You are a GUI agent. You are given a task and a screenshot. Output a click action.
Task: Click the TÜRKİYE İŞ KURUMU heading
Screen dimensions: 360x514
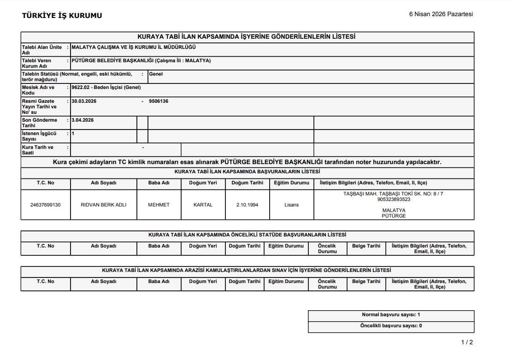[x=62, y=16]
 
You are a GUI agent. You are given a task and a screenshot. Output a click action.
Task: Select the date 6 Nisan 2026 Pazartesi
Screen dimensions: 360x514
[x=441, y=14]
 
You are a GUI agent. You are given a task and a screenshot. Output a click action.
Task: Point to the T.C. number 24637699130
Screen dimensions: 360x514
[x=45, y=205]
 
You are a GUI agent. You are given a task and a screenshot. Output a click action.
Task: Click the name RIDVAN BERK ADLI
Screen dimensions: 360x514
[x=103, y=205]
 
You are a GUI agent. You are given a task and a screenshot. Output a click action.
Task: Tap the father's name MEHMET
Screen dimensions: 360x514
[x=159, y=205]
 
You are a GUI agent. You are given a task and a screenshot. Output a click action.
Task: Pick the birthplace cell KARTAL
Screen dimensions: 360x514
[x=203, y=205]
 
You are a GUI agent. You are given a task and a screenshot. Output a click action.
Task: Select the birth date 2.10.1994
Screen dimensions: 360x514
[x=247, y=205]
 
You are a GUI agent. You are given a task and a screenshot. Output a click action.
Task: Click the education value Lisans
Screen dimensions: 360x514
[x=291, y=205]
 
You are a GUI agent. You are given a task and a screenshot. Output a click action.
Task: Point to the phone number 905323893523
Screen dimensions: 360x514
[x=394, y=200]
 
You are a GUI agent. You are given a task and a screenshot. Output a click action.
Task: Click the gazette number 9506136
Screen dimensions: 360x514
[x=159, y=101]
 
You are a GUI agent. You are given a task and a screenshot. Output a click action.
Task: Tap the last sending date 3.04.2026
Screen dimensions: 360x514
[x=83, y=120]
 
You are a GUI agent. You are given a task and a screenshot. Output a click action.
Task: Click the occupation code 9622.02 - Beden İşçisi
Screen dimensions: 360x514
[x=106, y=87]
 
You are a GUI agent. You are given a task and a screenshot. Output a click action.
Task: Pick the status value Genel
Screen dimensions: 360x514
[x=156, y=74]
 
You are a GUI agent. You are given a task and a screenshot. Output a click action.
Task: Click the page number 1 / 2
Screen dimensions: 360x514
[x=467, y=342]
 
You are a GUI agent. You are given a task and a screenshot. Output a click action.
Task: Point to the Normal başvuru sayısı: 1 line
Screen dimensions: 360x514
[x=391, y=315]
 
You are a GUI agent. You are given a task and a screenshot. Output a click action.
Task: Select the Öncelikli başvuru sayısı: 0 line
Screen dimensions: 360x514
[x=391, y=326]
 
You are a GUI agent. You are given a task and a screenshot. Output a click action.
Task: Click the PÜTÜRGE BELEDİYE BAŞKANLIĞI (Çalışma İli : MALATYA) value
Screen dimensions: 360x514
[x=142, y=60]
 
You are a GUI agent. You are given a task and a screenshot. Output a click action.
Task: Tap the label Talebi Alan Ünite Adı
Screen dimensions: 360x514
[x=42, y=50]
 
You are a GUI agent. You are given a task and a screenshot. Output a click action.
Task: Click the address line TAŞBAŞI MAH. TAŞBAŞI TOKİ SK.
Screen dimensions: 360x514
[x=394, y=194]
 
